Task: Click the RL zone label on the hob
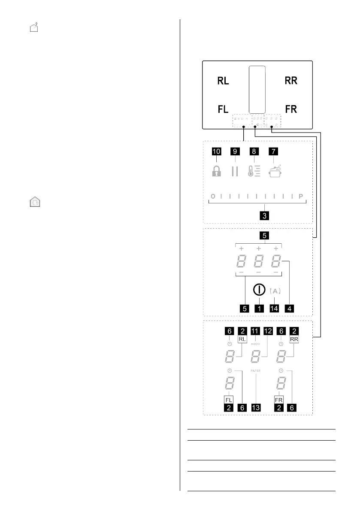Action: click(223, 81)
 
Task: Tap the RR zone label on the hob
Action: click(291, 81)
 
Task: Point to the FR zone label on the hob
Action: click(291, 109)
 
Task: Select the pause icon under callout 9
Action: click(234, 171)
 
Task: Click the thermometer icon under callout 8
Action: click(254, 171)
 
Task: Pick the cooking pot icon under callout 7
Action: click(274, 170)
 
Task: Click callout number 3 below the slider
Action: click(266, 216)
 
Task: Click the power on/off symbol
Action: click(258, 289)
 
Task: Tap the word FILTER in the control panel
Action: click(256, 370)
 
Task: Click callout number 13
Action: click(256, 408)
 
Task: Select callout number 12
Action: click(268, 331)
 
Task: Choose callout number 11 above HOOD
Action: click(256, 331)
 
